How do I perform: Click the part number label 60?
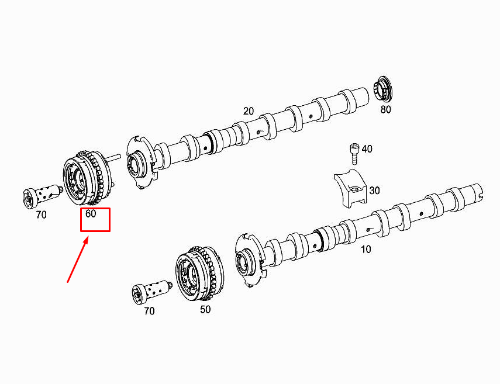coord(91,214)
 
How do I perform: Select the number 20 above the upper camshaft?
coord(249,111)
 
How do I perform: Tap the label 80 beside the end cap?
coord(385,109)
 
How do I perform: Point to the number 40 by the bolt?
coord(367,149)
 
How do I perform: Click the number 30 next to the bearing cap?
coord(374,191)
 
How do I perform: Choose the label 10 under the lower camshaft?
coord(365,250)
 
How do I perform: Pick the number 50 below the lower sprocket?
coord(205,310)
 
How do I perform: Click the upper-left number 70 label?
coord(40,215)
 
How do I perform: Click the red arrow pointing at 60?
coord(78,260)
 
